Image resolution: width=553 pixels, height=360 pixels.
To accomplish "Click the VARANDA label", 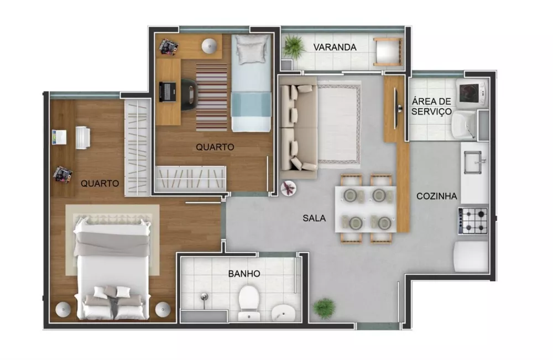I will point(335,47).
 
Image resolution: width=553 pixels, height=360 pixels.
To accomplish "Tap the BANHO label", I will point(244,273).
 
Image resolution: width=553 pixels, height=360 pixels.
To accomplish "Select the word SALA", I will point(314,218).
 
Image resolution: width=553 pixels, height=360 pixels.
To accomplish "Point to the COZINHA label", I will point(436,196).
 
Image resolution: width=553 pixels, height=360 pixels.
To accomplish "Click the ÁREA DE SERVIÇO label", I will point(431,106).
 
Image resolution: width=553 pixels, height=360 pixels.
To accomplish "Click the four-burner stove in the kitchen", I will point(473,221).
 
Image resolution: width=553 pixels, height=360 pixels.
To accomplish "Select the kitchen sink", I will point(473,161).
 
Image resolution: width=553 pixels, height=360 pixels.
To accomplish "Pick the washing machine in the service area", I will point(472,91).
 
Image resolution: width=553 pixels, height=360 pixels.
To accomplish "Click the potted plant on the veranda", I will point(293,46).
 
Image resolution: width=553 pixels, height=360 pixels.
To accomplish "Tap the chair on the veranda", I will point(387,52).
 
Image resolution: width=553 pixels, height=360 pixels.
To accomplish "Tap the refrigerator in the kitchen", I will point(471,256).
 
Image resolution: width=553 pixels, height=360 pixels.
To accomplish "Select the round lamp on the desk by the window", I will point(209,46).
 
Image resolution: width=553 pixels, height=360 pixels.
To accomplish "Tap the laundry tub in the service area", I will point(463,124).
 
